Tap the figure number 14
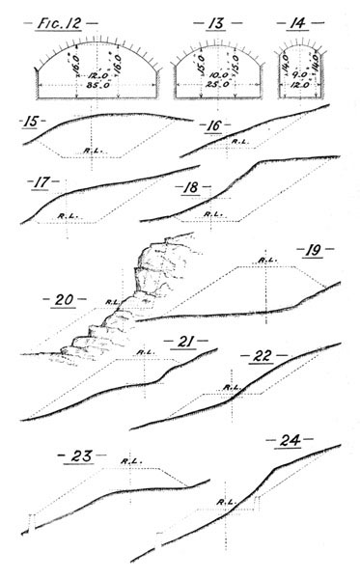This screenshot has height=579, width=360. [294, 20]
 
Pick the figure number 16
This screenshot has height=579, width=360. [212, 125]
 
